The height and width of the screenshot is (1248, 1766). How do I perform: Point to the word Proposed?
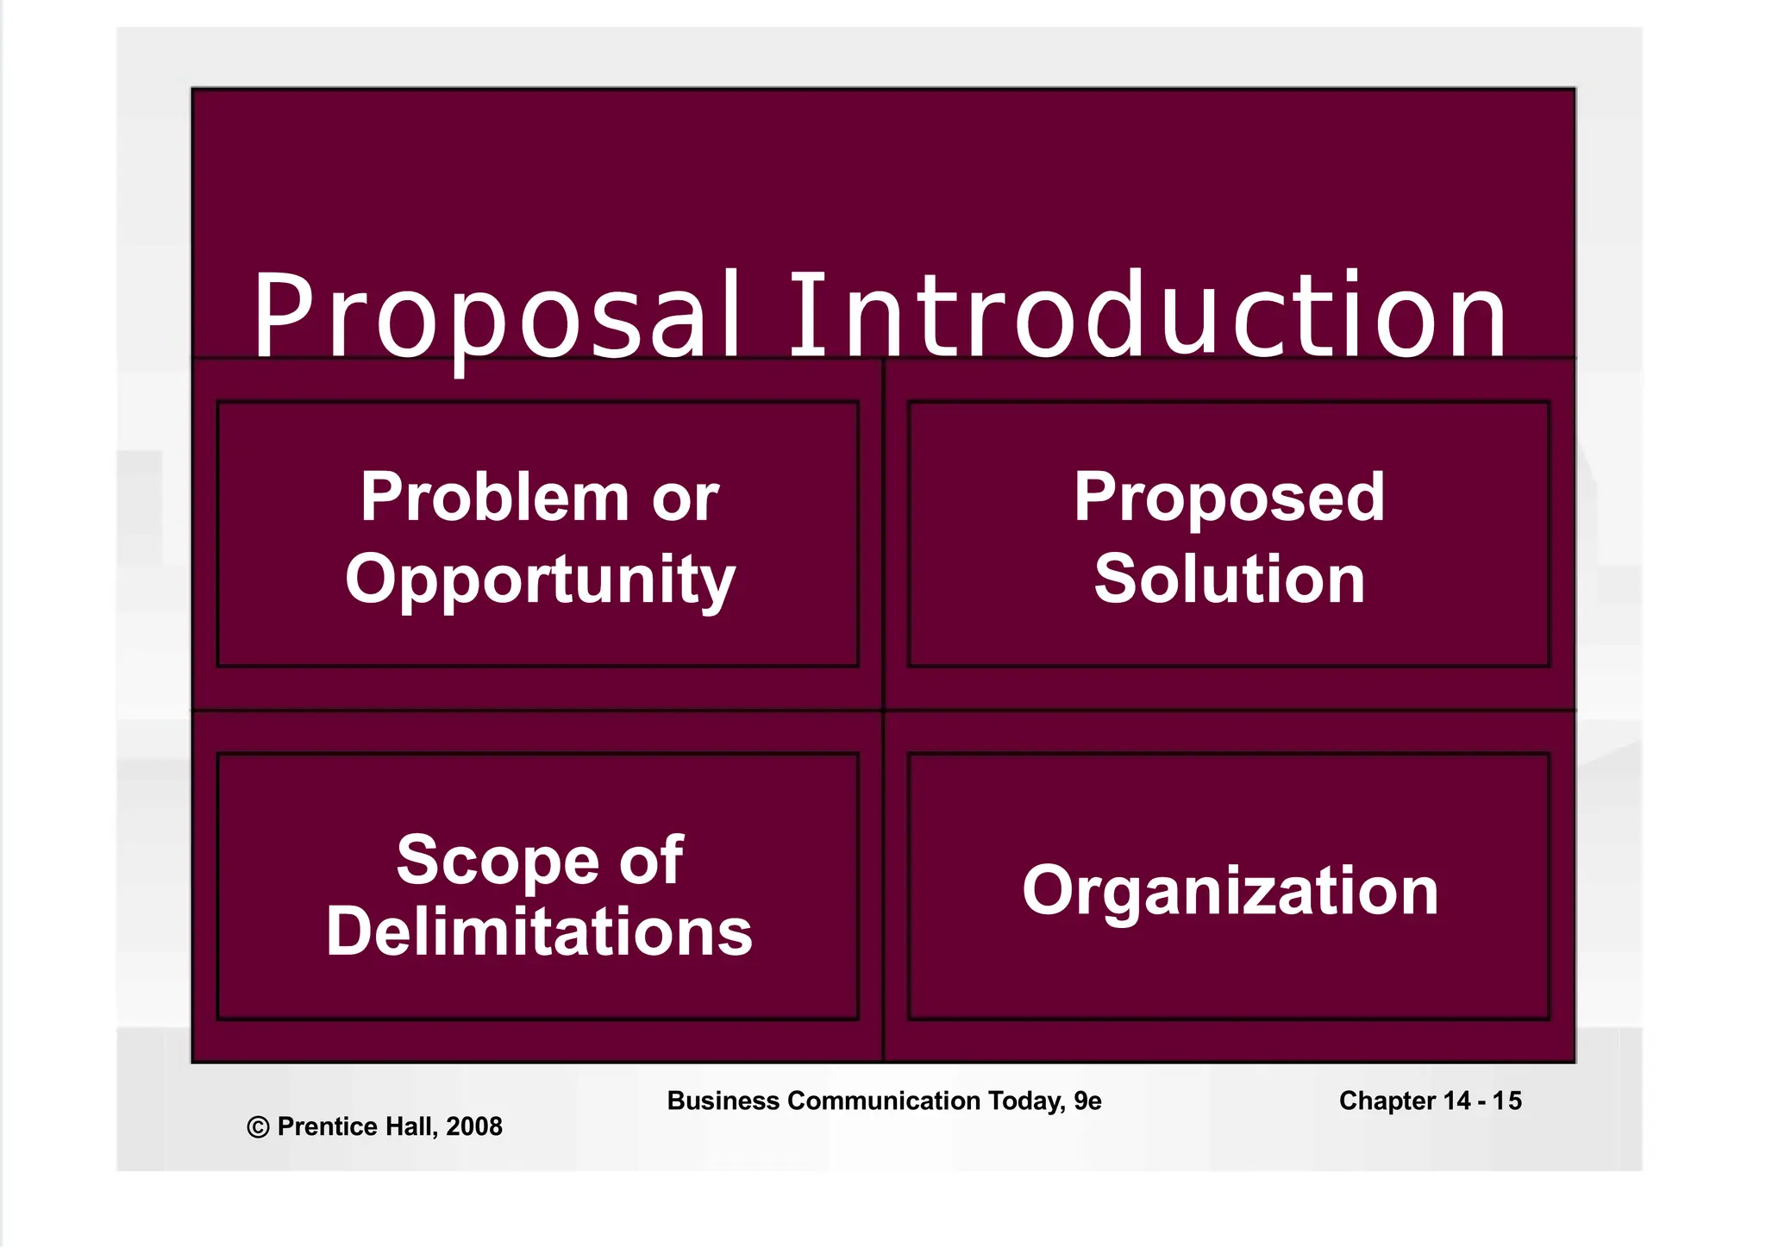pos(1229,499)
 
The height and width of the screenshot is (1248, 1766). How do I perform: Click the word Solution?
pos(1229,579)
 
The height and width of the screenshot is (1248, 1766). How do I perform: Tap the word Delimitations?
pos(539,932)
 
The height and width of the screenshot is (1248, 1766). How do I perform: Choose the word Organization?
pos(1230,891)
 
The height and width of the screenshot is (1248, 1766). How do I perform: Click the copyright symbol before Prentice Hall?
pos(258,1127)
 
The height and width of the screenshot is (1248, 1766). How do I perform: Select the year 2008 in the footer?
pos(474,1126)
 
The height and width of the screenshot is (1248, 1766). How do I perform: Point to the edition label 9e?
pos(1087,1101)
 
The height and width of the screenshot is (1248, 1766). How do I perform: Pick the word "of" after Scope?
pos(652,861)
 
